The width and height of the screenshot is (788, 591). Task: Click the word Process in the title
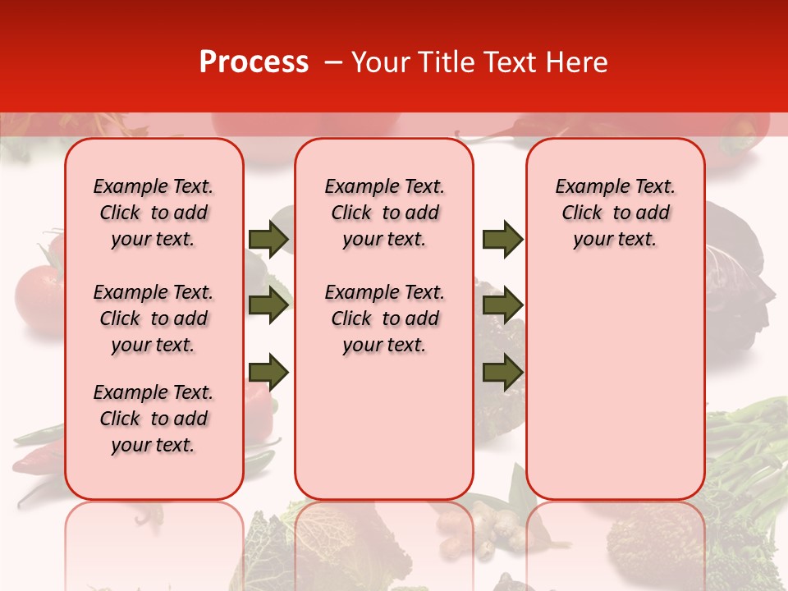pos(254,62)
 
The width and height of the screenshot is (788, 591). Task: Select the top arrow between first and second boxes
pos(268,239)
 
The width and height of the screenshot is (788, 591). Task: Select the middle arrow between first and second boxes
pos(268,305)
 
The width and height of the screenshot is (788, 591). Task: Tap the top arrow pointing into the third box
pos(502,239)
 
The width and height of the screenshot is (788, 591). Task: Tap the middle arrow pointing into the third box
pos(502,305)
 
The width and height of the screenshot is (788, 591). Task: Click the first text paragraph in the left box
pos(153,213)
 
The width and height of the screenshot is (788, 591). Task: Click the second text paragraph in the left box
pos(153,318)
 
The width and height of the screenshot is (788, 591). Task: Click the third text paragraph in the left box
pos(153,419)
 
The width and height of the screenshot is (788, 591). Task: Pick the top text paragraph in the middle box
pos(384,213)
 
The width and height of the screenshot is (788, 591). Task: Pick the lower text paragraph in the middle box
pos(384,318)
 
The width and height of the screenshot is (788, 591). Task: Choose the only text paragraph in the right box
pos(615,213)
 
